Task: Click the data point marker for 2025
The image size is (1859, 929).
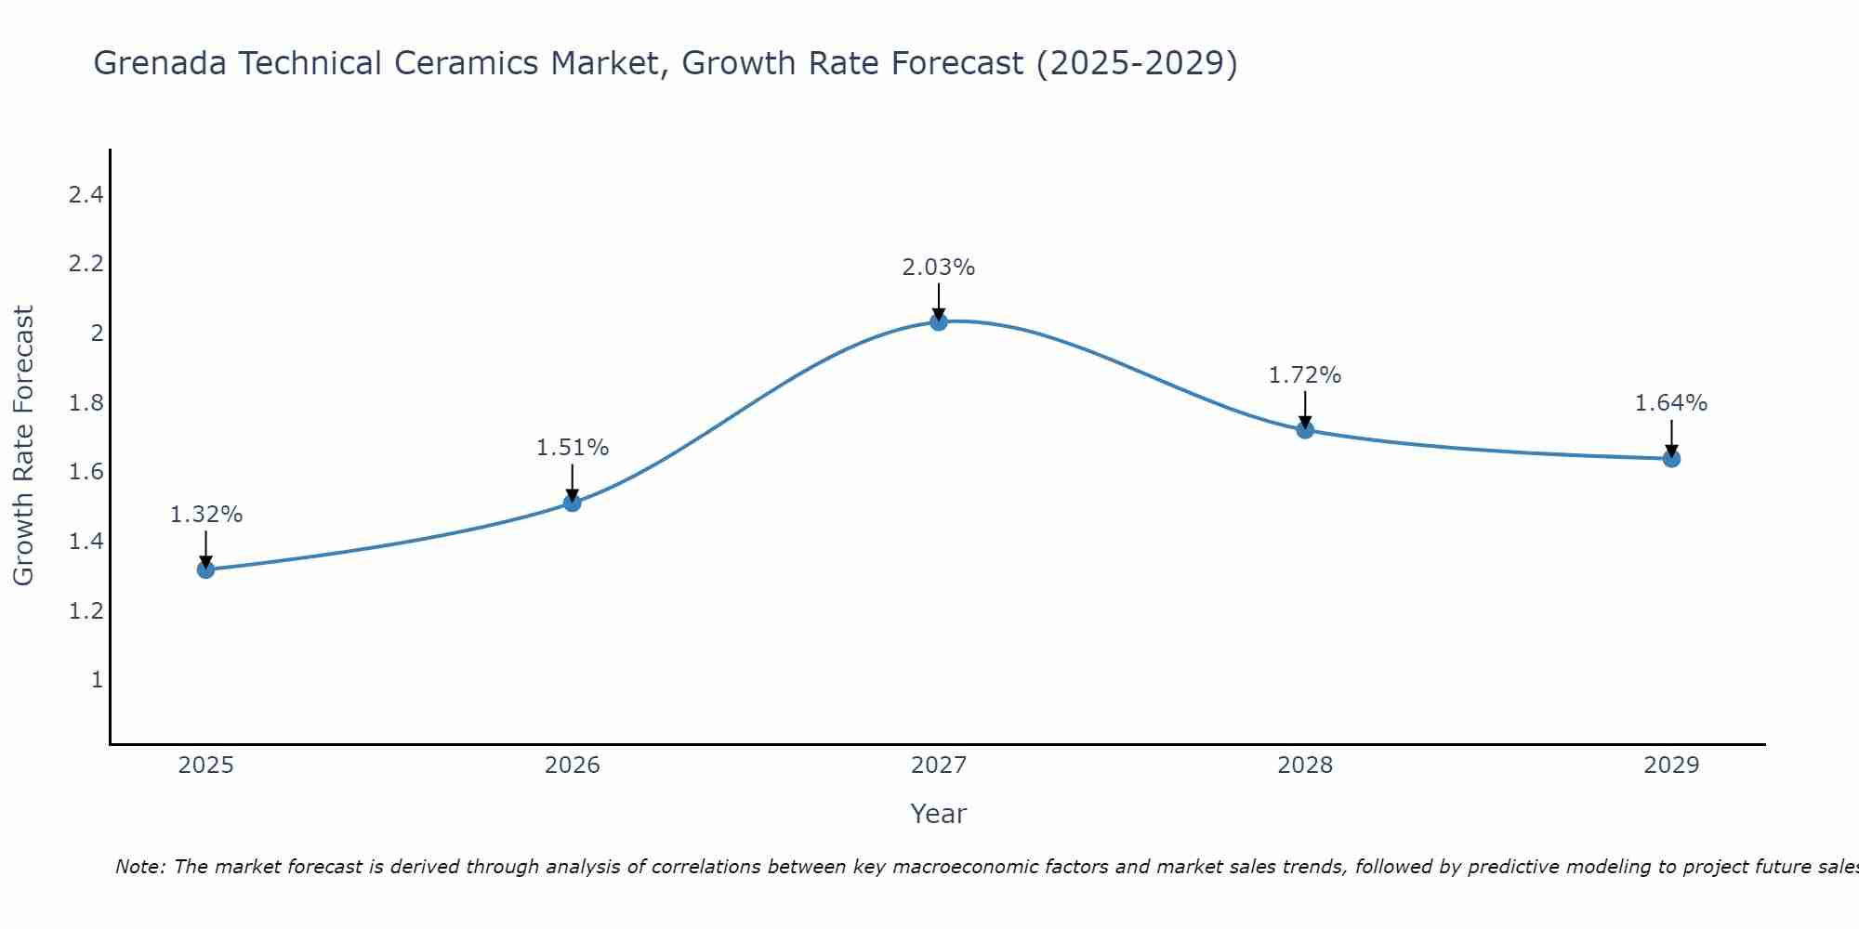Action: coord(205,569)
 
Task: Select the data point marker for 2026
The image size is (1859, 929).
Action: coord(573,503)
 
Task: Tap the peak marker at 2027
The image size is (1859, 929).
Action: coord(939,321)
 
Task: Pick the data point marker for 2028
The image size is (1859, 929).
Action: coord(1305,429)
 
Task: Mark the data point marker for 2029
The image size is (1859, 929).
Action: coord(1671,458)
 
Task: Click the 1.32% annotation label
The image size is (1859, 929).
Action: coord(206,515)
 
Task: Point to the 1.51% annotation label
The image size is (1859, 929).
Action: coord(573,448)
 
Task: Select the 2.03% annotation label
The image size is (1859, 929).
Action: coord(939,268)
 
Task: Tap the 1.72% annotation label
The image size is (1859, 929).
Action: coord(1305,375)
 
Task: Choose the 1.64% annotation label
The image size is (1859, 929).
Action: coord(1671,403)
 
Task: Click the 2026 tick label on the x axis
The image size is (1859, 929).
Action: coord(573,765)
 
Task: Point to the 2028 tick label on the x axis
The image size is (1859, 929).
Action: coord(1305,765)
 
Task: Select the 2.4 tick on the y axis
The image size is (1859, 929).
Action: coord(86,195)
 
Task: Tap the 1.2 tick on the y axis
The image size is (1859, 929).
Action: coord(86,611)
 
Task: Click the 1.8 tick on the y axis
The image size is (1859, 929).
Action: coord(86,403)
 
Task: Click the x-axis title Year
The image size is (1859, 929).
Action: coord(939,814)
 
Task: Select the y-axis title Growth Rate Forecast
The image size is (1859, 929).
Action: coord(23,446)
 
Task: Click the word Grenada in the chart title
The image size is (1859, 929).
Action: coord(160,64)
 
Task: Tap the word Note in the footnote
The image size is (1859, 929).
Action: coord(139,867)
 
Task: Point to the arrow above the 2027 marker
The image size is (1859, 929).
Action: coord(939,300)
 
